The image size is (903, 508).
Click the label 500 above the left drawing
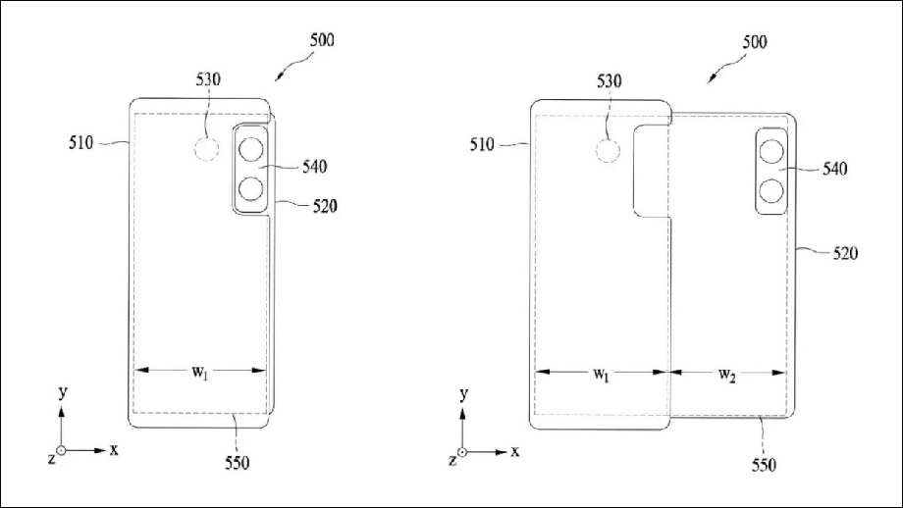322,40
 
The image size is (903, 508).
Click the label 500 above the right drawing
755,42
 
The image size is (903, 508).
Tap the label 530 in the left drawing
208,79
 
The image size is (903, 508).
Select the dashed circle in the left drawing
206,150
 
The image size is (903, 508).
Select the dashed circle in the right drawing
608,151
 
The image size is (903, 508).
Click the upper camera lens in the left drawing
251,150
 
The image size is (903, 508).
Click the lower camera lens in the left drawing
251,188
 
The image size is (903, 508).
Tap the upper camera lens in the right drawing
771,152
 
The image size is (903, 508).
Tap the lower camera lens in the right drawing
771,191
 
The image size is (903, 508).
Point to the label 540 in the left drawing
314,167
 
